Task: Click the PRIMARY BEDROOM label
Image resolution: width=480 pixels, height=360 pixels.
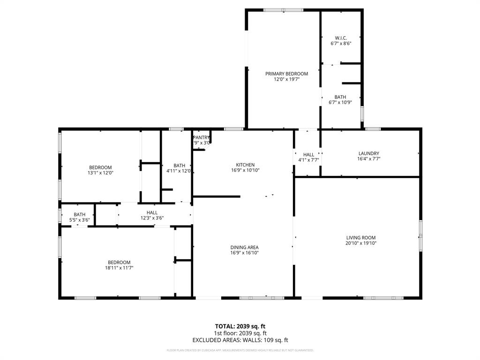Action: coord(286,74)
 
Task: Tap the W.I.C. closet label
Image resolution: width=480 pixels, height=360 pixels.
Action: coord(341,37)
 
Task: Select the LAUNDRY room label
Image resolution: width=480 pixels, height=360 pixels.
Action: coord(368,153)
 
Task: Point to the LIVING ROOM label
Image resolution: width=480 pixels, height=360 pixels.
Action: coord(361,238)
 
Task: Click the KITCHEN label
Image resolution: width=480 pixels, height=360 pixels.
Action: coord(245,165)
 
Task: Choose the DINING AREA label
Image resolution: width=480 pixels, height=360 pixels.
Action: coord(244,247)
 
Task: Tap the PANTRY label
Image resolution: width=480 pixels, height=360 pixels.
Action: coord(202,137)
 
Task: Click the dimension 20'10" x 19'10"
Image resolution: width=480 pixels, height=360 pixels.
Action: coord(361,243)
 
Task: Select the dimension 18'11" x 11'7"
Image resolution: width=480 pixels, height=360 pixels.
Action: coord(119,268)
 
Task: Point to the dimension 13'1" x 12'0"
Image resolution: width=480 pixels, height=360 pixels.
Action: coord(100,173)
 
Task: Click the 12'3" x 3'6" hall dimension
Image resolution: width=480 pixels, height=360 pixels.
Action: coord(152,218)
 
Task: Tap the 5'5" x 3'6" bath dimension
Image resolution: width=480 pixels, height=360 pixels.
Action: coord(79,220)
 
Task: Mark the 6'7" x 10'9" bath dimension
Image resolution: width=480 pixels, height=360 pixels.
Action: coord(340,103)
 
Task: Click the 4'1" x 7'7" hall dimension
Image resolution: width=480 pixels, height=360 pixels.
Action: coord(308,160)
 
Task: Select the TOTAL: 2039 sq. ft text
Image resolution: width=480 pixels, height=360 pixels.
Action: coord(240,326)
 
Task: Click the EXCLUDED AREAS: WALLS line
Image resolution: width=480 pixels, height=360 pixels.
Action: coord(240,340)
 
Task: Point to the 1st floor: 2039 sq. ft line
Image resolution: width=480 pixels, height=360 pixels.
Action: coord(240,333)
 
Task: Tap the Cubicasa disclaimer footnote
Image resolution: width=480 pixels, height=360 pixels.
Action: coord(240,350)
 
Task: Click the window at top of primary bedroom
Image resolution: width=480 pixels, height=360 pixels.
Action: coord(283,10)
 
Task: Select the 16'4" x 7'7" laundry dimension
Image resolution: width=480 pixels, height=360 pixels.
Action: coord(368,159)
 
